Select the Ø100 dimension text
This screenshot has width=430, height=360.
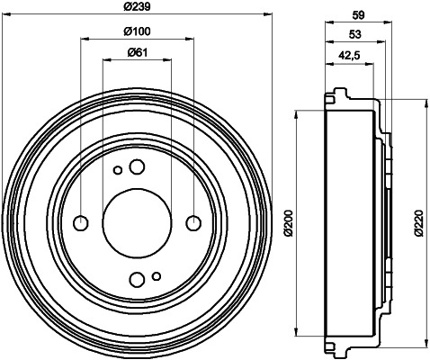[135, 32]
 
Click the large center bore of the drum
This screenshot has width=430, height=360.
[136, 222]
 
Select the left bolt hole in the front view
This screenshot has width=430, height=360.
[80, 222]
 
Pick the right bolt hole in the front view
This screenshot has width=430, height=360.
[192, 222]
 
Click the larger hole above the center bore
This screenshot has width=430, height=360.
[137, 166]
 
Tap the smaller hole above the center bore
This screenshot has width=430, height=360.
[117, 170]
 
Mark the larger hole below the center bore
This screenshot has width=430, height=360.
[136, 278]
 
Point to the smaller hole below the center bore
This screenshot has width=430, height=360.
[156, 275]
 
